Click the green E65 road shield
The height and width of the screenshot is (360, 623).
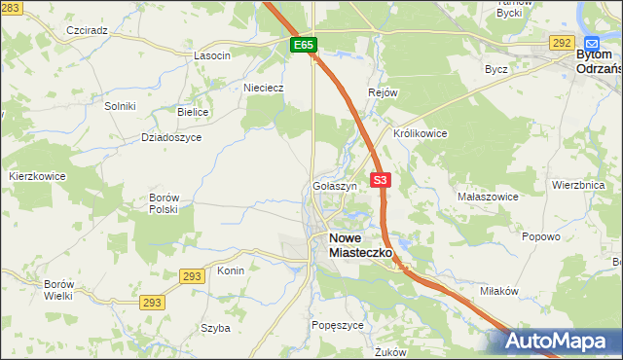304,45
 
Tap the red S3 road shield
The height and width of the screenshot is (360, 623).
380,180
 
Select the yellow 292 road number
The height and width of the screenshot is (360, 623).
561,42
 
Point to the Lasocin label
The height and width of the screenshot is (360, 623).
211,55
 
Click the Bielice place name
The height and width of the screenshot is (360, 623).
193,112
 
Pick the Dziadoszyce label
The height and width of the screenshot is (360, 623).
170,137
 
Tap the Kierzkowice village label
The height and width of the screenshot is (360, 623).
37,176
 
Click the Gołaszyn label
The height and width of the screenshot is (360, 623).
335,185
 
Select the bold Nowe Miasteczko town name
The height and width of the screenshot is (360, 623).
359,244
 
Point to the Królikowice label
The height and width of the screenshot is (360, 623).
420,133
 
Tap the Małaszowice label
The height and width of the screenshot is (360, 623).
488,196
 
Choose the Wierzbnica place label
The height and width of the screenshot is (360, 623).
578,184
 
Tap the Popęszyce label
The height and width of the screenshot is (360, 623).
337,325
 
